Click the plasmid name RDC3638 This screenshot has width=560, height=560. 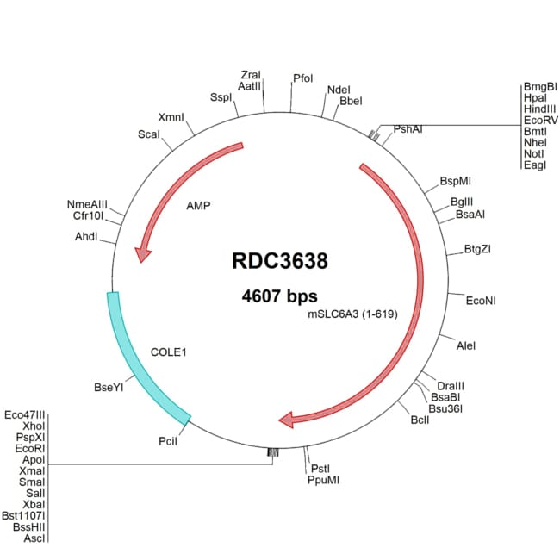click(x=280, y=260)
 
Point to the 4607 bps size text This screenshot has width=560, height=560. click(x=280, y=296)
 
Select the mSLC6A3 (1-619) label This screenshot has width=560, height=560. click(x=352, y=315)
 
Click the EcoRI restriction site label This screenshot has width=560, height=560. click(x=29, y=448)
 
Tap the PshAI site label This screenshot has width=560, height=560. click(x=408, y=129)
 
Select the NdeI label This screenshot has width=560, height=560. click(x=338, y=90)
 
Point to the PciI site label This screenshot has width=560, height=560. click(x=168, y=441)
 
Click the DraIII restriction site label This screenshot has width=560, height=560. click(x=451, y=384)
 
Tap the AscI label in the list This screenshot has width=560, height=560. click(x=34, y=538)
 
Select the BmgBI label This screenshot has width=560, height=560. click(x=540, y=87)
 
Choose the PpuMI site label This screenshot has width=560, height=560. click(x=324, y=480)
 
